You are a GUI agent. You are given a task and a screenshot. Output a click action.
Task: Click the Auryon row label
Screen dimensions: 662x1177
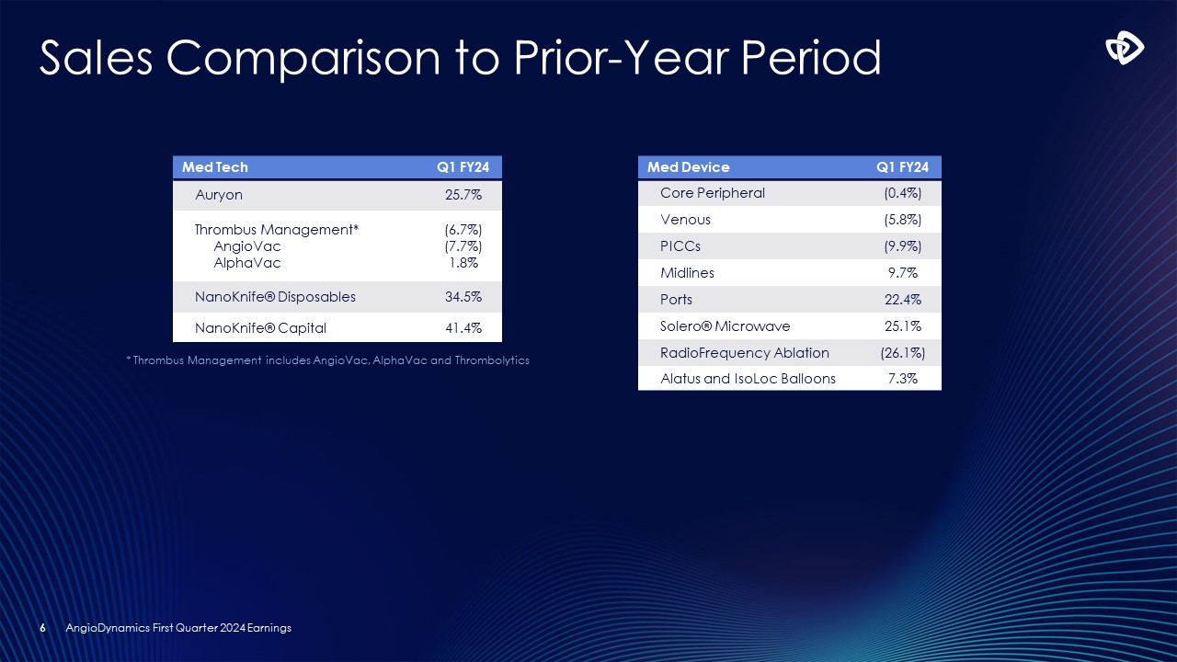(219, 195)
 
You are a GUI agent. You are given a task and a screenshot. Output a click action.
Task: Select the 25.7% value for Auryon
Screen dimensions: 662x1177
(463, 195)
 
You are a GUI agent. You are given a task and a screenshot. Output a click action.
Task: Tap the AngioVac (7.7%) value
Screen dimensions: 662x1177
(463, 246)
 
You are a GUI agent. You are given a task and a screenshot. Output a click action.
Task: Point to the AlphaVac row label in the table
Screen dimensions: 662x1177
(246, 262)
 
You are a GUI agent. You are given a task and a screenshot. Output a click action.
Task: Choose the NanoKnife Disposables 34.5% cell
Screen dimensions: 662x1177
(463, 297)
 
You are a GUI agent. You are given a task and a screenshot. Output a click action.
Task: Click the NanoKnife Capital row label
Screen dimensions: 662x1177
(260, 327)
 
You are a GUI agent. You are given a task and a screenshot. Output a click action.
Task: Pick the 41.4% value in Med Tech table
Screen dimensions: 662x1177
(463, 327)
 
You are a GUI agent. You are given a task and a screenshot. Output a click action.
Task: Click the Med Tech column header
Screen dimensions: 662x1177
(215, 167)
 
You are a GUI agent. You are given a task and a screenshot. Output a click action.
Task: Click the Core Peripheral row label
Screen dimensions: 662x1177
(712, 193)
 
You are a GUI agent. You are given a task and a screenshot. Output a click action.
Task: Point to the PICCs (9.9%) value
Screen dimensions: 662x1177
(902, 246)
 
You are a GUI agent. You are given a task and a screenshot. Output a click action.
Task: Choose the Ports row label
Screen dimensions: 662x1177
(676, 300)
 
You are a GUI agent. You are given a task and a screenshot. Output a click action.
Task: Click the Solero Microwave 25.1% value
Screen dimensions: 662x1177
(902, 326)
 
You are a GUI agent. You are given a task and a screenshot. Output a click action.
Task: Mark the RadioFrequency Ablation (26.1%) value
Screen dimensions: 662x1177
(902, 353)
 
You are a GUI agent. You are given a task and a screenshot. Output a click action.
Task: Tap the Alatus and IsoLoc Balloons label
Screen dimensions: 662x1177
(748, 379)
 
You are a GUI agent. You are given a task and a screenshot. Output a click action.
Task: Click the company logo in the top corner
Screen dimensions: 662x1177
(1125, 51)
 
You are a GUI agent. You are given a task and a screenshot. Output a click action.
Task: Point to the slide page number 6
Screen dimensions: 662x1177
(42, 628)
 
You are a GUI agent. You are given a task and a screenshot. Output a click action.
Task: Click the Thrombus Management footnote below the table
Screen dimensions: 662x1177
(327, 360)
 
